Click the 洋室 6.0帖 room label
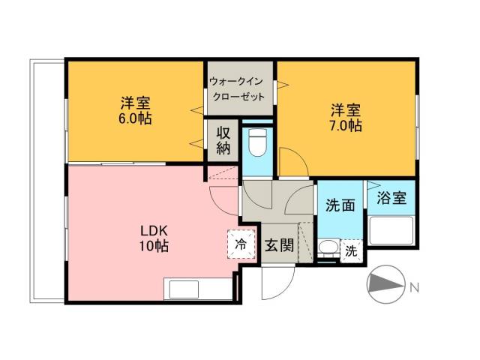(x=134, y=110)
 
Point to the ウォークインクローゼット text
(x=237, y=89)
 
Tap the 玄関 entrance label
(x=279, y=244)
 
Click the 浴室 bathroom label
(x=391, y=198)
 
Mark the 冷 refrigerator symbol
(x=240, y=243)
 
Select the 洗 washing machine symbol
(x=350, y=251)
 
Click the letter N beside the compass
(x=414, y=286)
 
